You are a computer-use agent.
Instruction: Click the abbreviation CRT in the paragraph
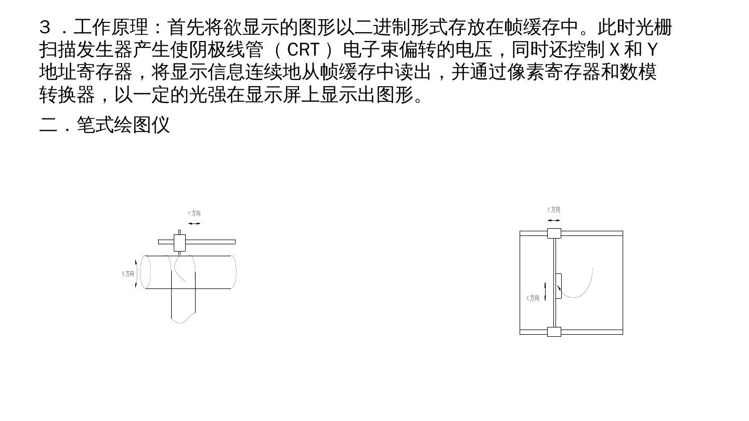pyautogui.click(x=303, y=50)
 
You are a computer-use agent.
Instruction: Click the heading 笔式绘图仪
pyautogui.click(x=123, y=125)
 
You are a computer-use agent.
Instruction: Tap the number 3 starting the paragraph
pyautogui.click(x=45, y=27)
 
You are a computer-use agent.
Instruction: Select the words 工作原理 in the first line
pyautogui.click(x=111, y=27)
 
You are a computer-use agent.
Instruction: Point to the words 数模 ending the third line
pyautogui.click(x=638, y=72)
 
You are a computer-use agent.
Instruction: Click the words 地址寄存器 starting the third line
pyautogui.click(x=86, y=72)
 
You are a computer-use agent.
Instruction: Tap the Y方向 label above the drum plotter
pyautogui.click(x=194, y=213)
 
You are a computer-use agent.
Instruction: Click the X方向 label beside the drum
pyautogui.click(x=128, y=273)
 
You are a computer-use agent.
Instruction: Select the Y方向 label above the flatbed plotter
pyautogui.click(x=553, y=209)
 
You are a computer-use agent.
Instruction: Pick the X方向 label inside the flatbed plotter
pyautogui.click(x=532, y=298)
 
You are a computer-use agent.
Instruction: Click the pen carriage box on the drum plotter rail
pyautogui.click(x=179, y=243)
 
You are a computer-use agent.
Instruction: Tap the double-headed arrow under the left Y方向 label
pyautogui.click(x=194, y=223)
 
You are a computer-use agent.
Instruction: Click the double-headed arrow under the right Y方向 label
pyautogui.click(x=554, y=220)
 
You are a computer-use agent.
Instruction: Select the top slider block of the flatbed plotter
pyautogui.click(x=554, y=233)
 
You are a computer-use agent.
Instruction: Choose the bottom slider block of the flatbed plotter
pyautogui.click(x=554, y=332)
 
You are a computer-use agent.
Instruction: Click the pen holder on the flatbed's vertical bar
pyautogui.click(x=558, y=286)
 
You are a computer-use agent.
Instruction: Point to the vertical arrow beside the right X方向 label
pyautogui.click(x=545, y=292)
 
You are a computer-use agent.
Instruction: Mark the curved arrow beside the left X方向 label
pyautogui.click(x=136, y=273)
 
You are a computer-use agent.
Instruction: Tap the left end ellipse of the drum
pyautogui.click(x=146, y=272)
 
